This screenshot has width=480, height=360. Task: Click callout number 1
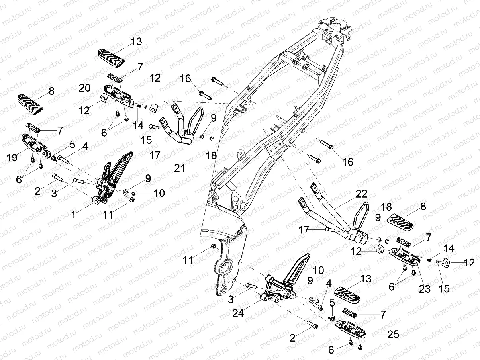[x=73, y=215]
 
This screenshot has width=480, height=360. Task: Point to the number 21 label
[x=180, y=168]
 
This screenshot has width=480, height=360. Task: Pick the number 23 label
[x=425, y=289]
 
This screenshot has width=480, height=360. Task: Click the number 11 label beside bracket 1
[x=109, y=215]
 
